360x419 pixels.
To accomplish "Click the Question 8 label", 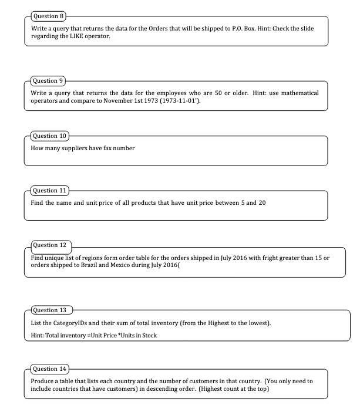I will click(47, 16).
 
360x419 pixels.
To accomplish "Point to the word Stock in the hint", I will click(147, 335).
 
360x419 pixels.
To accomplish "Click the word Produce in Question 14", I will click(43, 381).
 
